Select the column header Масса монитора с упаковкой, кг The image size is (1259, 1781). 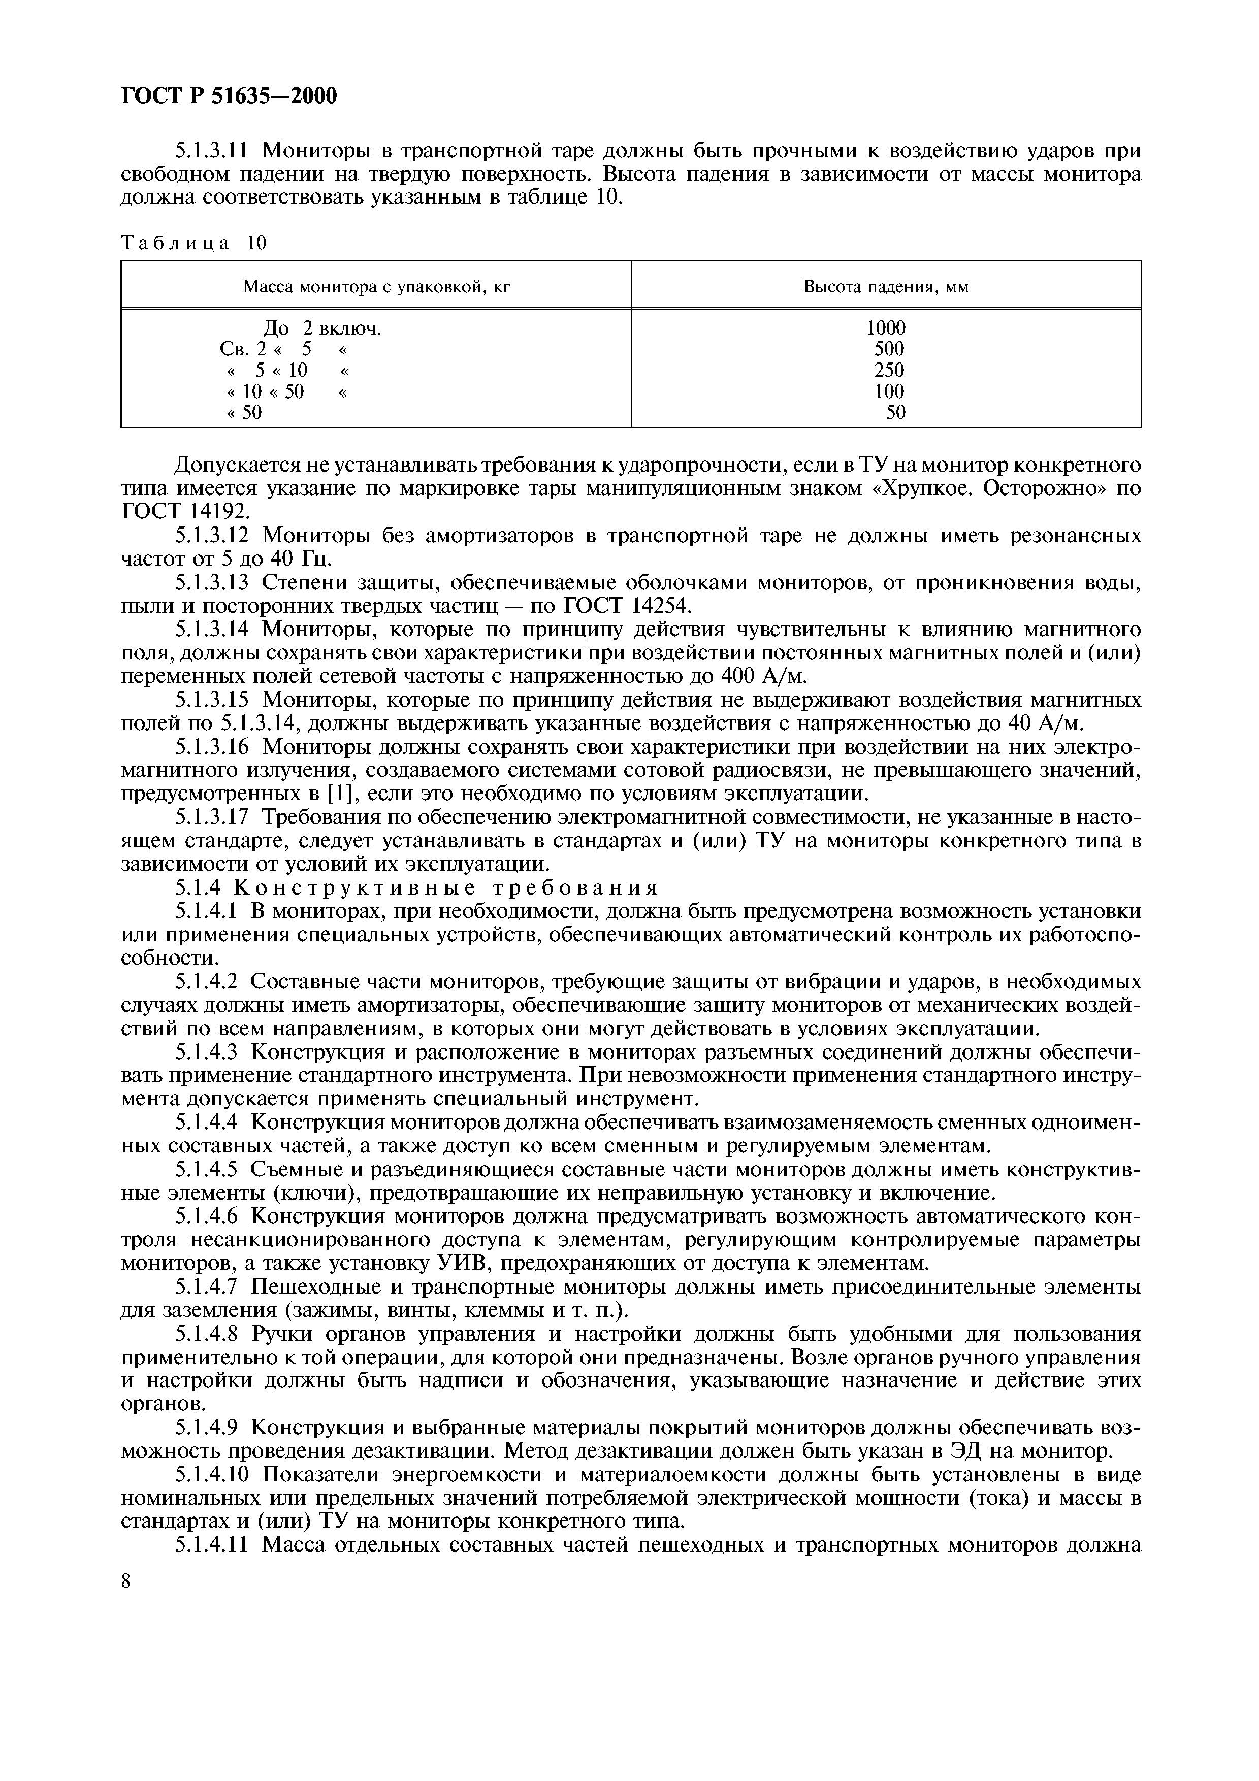click(376, 288)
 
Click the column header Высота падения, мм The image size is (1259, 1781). click(885, 288)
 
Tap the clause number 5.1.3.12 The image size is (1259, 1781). click(213, 536)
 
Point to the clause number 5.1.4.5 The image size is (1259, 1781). click(207, 1169)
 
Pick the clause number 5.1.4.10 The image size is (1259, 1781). click(213, 1474)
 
